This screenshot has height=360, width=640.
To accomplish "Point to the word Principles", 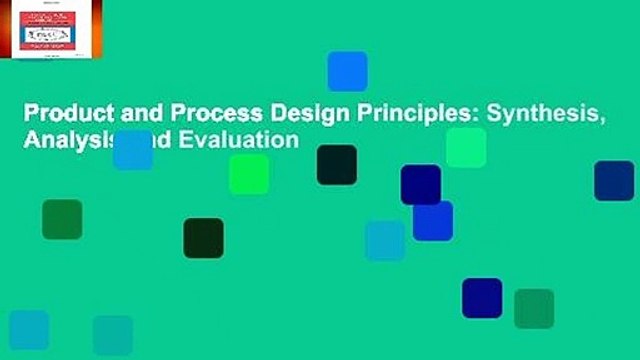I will [x=338, y=114].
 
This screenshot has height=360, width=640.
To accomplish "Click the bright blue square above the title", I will [x=347, y=71].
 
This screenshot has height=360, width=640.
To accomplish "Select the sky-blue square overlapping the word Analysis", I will [x=132, y=149].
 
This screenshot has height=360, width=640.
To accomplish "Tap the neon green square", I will [x=249, y=174].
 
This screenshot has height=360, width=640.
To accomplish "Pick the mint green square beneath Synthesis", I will [x=466, y=148].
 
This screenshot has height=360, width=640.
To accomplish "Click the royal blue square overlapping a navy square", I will [x=433, y=220].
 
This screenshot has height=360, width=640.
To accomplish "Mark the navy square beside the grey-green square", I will [x=482, y=298].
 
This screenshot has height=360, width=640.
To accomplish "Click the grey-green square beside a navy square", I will [x=534, y=309].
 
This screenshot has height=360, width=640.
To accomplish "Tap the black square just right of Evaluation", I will [x=337, y=165].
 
